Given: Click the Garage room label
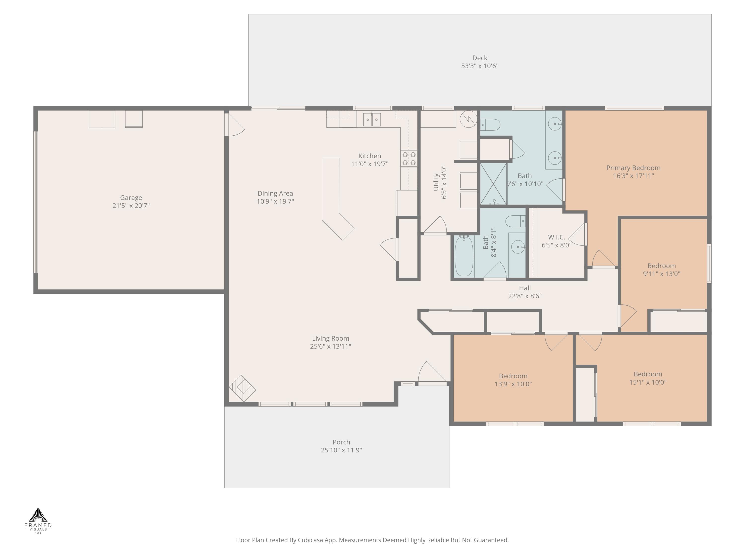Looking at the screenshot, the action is click(131, 198).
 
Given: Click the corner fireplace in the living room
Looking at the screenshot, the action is click(242, 389).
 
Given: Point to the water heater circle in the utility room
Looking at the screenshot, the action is click(469, 119).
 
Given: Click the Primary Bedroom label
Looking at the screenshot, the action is click(633, 168).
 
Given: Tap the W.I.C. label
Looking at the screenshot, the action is click(557, 237).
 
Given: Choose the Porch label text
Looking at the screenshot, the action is click(341, 442).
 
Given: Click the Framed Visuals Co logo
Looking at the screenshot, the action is click(38, 521).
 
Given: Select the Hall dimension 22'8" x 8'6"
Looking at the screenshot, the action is click(525, 296).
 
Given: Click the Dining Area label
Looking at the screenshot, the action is click(275, 193).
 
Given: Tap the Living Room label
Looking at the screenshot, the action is click(330, 338).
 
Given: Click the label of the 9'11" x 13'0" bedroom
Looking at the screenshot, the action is click(662, 266).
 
